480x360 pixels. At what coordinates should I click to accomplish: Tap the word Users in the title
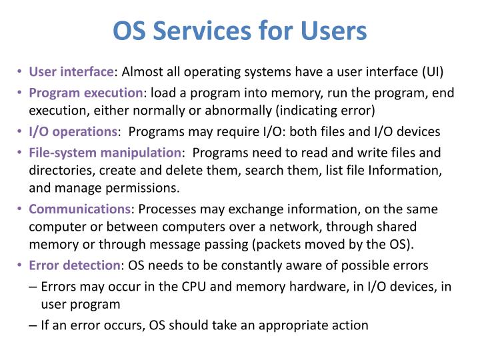point(331,31)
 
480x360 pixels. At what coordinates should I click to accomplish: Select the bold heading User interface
point(71,71)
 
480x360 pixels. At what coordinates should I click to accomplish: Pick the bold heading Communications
point(79,209)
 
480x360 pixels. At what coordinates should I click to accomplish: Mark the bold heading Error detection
point(73,265)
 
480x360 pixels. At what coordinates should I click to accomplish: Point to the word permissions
point(147,187)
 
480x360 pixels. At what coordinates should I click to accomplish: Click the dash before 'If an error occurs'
point(33,325)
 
